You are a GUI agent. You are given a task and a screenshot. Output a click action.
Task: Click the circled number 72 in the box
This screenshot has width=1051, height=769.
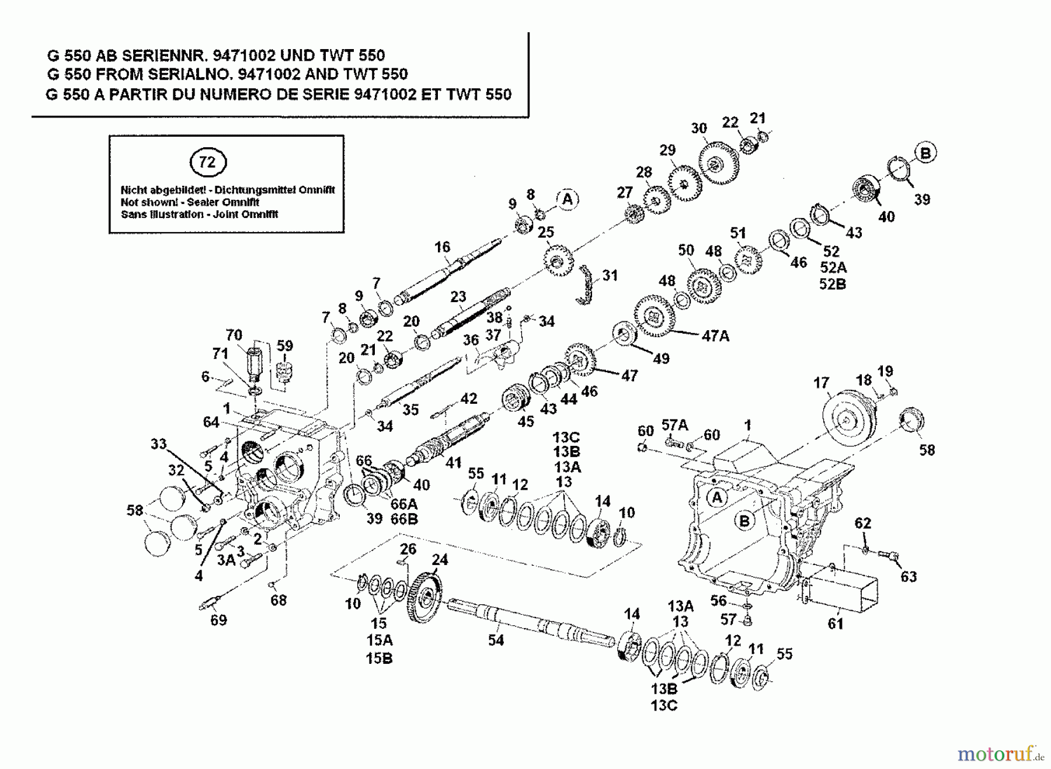click(x=207, y=162)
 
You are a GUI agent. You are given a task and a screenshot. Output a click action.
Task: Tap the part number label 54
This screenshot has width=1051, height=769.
click(x=496, y=640)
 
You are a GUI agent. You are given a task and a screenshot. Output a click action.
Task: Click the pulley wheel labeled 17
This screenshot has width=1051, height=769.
click(x=845, y=420)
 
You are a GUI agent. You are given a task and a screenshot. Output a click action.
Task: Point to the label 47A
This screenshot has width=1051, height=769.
click(x=715, y=336)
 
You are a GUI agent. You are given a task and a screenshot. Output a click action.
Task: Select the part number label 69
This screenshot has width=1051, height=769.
click(x=218, y=620)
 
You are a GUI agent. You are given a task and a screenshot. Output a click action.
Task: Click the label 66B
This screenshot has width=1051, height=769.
click(x=404, y=518)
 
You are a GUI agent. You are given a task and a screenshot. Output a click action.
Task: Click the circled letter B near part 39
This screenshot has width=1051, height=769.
click(x=925, y=153)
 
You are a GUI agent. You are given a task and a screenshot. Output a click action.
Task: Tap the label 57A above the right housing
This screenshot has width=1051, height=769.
click(x=674, y=425)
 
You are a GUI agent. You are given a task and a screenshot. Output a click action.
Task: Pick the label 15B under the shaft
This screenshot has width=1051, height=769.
click(x=379, y=658)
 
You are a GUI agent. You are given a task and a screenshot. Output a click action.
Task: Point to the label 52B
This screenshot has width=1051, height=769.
click(x=833, y=284)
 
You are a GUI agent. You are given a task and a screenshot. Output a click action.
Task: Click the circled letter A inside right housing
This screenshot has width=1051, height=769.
click(x=716, y=497)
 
